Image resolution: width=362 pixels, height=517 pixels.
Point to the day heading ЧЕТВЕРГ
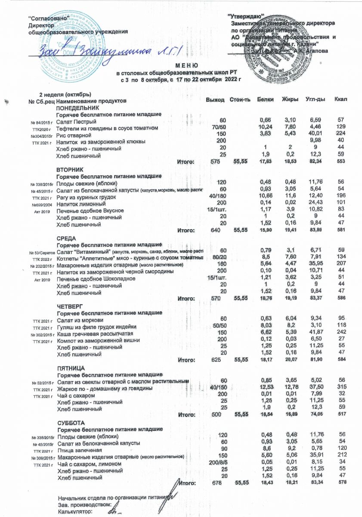point(69,306)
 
